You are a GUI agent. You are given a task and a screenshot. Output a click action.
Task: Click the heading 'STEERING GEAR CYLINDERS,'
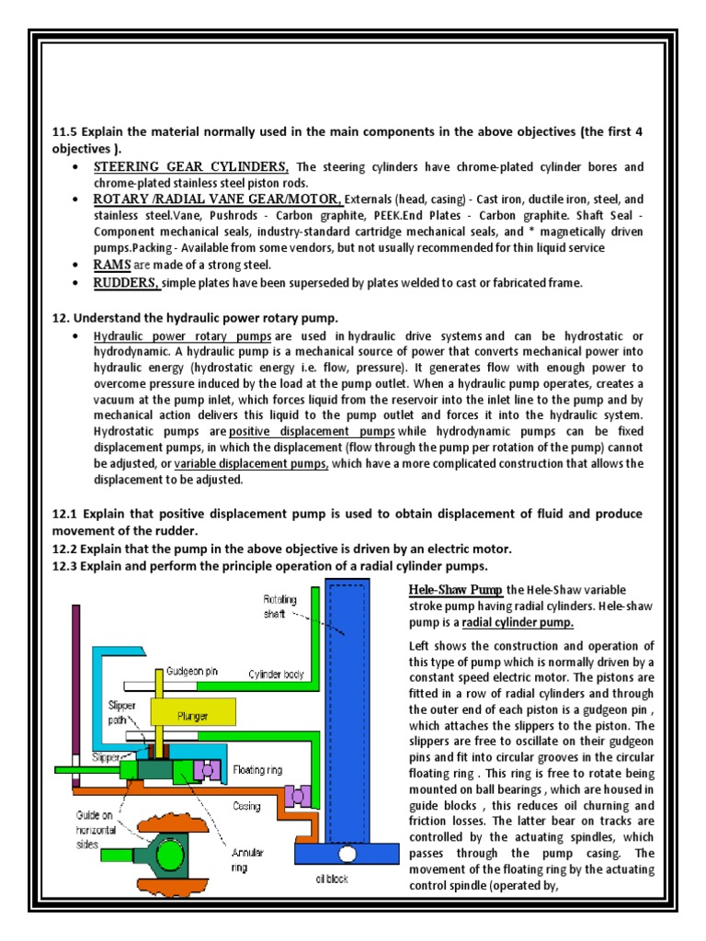coord(191,166)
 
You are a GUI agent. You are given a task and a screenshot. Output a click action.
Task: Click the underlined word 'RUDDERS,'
coord(127,283)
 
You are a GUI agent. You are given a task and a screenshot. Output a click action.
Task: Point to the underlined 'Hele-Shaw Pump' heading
coord(454,589)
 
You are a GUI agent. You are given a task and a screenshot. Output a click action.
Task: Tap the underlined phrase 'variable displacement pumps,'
coord(251,463)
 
